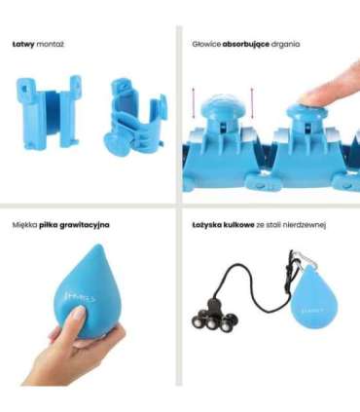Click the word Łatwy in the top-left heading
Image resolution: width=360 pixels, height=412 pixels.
23,44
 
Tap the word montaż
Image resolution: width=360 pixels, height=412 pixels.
50,45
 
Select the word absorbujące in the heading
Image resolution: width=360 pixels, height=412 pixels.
246,45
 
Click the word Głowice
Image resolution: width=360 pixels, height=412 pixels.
206,45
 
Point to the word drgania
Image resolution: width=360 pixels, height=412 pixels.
285,45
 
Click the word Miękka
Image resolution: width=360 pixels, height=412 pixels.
24,225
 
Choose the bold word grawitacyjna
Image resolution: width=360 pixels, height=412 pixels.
85,225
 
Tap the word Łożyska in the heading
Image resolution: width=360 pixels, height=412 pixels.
206,225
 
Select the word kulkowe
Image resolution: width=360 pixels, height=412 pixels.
238,225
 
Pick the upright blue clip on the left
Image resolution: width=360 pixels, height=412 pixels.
49,112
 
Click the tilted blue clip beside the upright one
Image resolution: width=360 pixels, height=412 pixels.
135,118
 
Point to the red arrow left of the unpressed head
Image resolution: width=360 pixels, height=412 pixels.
194,103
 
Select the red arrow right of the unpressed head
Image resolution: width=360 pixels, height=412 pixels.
252,103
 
